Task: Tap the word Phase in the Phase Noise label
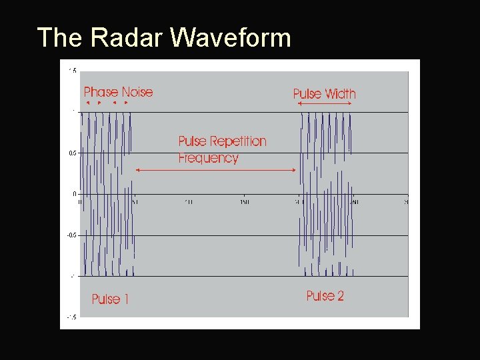point(101,92)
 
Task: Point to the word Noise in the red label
point(137,92)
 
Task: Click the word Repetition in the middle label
point(239,141)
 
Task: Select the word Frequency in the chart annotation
point(208,158)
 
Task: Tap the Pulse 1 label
point(110,299)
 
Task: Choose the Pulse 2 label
point(325,296)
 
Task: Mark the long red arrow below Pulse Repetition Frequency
point(215,170)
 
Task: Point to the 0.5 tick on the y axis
point(72,153)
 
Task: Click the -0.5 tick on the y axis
point(71,235)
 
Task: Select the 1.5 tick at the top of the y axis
point(72,70)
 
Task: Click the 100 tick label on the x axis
point(189,201)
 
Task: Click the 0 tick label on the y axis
point(74,194)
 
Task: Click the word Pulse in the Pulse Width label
point(307,94)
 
